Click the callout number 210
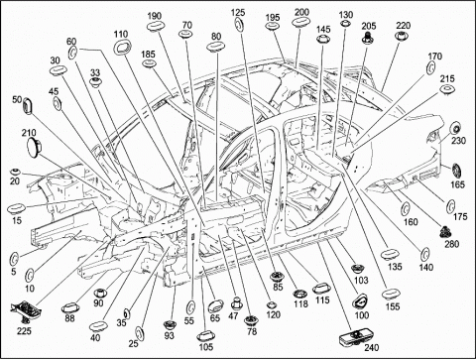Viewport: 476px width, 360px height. pos(29,133)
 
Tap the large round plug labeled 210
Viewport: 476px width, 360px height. pos(33,147)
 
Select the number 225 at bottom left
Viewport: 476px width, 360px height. pos(24,330)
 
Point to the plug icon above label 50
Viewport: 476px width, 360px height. pos(29,106)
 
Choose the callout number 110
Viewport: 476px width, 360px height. pos(121,34)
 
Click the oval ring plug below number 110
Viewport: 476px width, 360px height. pos(122,48)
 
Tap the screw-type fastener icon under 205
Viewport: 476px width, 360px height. pos(367,37)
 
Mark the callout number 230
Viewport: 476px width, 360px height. pos(458,141)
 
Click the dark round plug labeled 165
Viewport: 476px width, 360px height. pos(457,172)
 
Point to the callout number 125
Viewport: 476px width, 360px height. pos(238,13)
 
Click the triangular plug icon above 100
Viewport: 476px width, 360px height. pos(359,301)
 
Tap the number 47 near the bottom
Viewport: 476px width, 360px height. pos(233,316)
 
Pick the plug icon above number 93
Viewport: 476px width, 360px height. pos(170,324)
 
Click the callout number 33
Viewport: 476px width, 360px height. pos(95,72)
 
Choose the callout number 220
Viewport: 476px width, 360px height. pos(404,26)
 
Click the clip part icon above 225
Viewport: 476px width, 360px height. pos(26,310)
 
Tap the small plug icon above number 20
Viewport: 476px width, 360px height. pos(15,173)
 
